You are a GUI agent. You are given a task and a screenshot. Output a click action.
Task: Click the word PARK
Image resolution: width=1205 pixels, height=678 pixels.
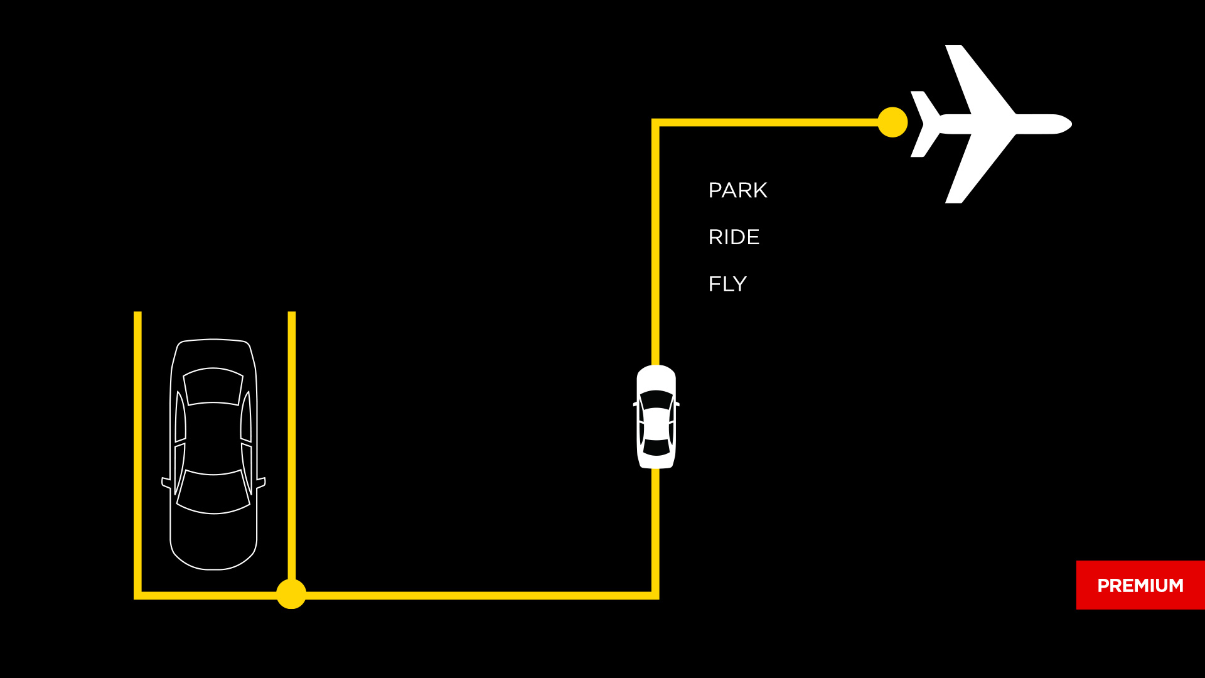[737, 190]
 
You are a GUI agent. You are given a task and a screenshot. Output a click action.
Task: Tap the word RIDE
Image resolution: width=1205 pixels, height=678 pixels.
[734, 237]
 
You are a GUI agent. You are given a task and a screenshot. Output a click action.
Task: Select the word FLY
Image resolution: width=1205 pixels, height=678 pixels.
[727, 284]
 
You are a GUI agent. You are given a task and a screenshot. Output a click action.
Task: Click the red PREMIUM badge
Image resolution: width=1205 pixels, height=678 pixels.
[1140, 585]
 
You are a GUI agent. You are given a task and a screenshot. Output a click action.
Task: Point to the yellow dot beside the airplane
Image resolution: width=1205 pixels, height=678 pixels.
[892, 122]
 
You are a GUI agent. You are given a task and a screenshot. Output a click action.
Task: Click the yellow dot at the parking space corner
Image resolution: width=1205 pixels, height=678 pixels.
[291, 594]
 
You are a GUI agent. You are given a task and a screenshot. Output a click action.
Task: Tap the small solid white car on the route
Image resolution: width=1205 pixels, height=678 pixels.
[656, 417]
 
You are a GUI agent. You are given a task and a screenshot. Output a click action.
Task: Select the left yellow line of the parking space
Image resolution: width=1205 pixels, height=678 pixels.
[137, 452]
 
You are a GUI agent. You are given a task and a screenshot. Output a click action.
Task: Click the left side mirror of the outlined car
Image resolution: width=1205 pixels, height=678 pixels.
[166, 483]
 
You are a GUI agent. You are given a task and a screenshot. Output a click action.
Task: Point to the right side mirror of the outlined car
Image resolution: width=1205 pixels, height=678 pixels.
[261, 483]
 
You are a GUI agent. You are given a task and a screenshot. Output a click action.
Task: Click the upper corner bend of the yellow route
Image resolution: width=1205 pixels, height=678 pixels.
[656, 122]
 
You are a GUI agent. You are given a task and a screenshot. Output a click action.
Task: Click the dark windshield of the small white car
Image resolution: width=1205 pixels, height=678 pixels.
[656, 399]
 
